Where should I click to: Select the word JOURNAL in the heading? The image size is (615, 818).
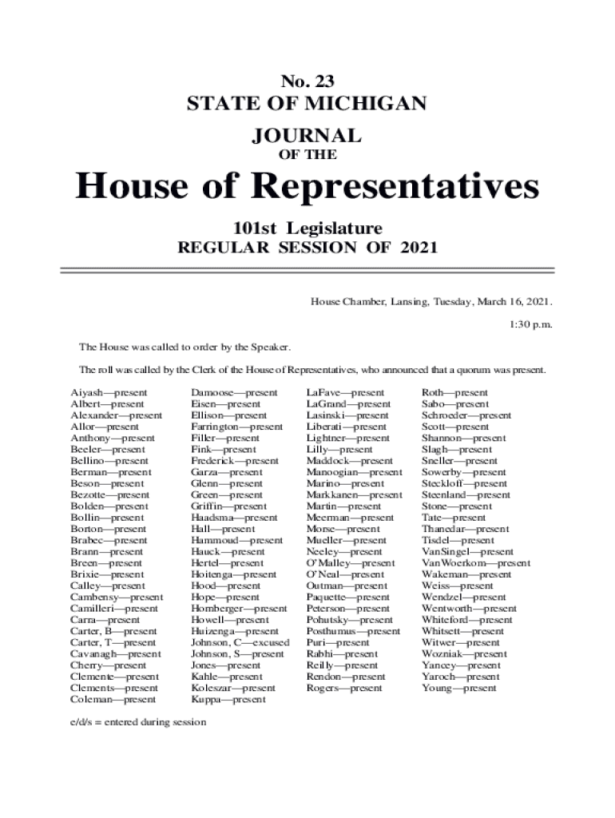coord(307,134)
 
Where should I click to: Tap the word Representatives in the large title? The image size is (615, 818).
coord(400,187)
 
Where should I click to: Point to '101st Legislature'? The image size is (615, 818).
coord(307,227)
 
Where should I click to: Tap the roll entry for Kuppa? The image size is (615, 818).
coord(228,700)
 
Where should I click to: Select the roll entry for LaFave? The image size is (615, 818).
coord(345,393)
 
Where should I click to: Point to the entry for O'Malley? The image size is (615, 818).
coord(350,563)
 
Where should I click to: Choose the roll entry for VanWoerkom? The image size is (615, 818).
coord(475,563)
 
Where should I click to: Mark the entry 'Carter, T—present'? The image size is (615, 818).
coord(113,642)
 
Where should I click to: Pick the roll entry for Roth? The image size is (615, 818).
coord(454,393)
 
